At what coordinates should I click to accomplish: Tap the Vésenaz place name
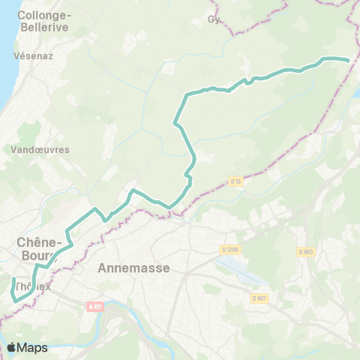32,56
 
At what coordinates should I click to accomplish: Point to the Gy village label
214,20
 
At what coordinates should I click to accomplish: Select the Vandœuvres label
40,149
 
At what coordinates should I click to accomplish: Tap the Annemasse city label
134,267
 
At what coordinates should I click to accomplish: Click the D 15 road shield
235,181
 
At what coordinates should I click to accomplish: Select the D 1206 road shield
229,249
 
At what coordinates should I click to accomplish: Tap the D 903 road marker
304,252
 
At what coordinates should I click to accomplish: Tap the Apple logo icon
12,347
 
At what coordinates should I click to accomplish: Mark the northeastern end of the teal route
349,60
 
